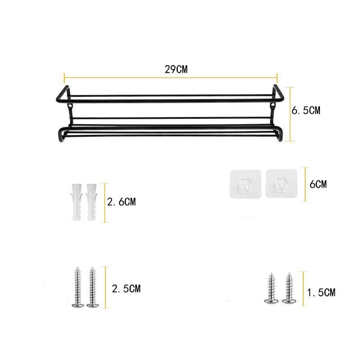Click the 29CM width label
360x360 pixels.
click(x=176, y=69)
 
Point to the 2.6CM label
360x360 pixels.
click(x=121, y=202)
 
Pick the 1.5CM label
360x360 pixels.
click(x=320, y=293)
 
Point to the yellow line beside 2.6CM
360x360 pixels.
click(x=105, y=202)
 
